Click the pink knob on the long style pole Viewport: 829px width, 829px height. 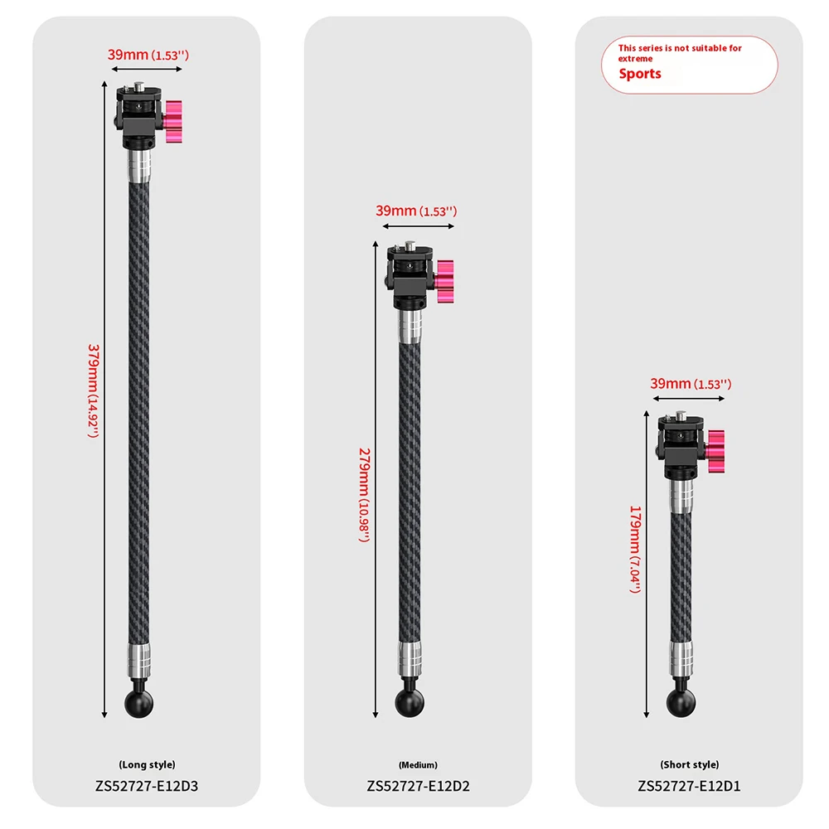coord(173,122)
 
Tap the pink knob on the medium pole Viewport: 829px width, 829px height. coord(444,281)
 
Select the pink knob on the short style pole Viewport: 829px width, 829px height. coord(716,452)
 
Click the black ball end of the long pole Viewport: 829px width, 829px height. coord(139,703)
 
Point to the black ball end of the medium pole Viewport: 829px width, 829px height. coord(410,703)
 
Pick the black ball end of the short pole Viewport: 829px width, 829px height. coord(681,703)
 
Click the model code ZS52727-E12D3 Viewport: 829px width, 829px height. coord(147,786)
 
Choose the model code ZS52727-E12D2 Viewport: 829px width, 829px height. coord(418,786)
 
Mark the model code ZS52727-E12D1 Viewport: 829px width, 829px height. coord(689,786)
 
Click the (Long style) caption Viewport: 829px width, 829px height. coord(147,764)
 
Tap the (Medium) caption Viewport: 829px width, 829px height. coord(418,765)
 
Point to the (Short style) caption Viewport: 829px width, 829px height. coord(690,764)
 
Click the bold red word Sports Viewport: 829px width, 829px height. coord(640,74)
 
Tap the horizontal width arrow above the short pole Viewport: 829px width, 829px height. coord(689,399)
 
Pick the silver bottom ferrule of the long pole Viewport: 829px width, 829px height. coord(138,661)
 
